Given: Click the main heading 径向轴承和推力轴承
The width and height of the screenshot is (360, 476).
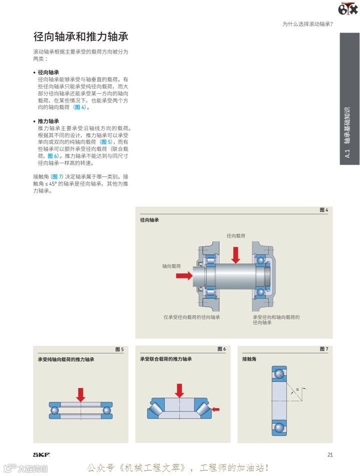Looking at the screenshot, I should (81, 37).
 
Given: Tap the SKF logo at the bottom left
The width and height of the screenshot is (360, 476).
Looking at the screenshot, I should (41, 455).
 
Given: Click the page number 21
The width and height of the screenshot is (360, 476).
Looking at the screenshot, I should (330, 455).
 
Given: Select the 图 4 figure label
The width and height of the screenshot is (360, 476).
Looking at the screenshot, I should (323, 210).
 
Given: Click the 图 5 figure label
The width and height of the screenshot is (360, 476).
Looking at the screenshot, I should (119, 349).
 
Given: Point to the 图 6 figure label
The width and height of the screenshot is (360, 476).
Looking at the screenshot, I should (221, 349).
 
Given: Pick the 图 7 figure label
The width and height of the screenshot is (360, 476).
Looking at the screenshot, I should (323, 349).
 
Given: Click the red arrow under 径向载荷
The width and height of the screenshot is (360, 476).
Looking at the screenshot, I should (236, 254).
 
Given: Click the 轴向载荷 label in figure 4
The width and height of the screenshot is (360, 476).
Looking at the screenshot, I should (171, 266).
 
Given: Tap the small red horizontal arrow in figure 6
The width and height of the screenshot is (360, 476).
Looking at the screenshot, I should (215, 409).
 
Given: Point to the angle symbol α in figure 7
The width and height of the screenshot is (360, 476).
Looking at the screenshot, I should (297, 389).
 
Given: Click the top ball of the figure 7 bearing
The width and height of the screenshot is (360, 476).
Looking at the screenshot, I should (279, 373).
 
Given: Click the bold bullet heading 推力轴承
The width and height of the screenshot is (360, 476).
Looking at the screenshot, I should (48, 121).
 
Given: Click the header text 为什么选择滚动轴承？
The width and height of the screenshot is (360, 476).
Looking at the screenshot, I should (307, 24).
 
